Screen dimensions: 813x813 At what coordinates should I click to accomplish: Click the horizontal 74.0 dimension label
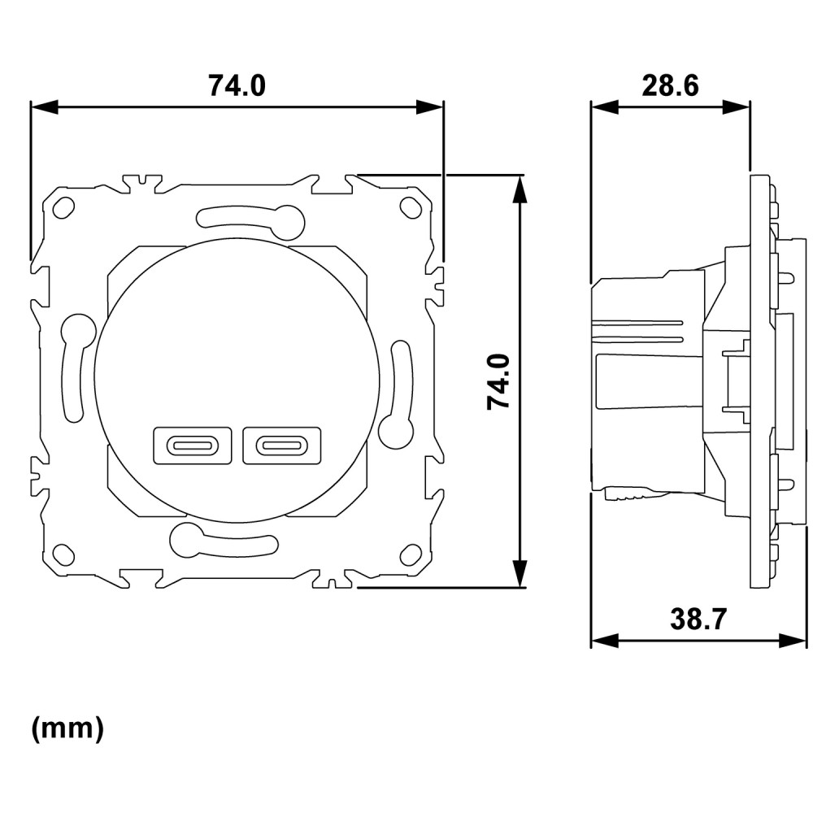(237, 85)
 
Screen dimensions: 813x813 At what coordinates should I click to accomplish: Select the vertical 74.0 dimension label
(499, 382)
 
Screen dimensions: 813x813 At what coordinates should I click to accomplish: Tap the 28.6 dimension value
(671, 85)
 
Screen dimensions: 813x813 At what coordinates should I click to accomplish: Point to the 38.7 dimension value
(698, 619)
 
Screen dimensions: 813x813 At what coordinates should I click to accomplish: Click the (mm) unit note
(68, 728)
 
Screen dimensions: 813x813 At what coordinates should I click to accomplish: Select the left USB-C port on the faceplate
(193, 446)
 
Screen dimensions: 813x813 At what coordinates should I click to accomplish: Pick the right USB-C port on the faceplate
(282, 446)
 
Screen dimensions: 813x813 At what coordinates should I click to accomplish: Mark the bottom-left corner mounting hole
(63, 554)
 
